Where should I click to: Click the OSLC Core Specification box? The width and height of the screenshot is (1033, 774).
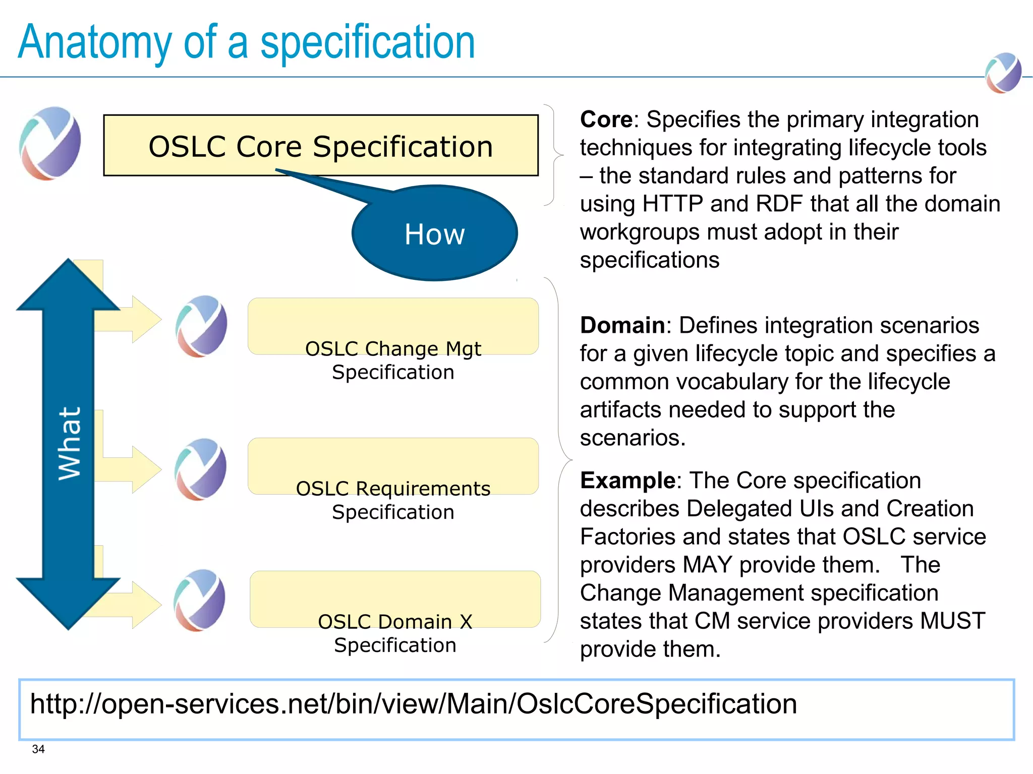coord(321,146)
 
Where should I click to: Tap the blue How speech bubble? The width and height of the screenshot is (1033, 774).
coord(434,233)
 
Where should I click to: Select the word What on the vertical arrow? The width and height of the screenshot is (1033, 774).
coord(69,443)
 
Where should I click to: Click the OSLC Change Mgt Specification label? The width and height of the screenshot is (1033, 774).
coord(393,360)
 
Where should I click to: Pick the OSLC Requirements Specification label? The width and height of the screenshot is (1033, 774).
coord(393,500)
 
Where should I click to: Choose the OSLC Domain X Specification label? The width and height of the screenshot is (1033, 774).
coord(395,633)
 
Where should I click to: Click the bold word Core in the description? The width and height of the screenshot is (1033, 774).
coord(606,120)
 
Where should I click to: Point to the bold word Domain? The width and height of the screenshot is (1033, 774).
coord(622,326)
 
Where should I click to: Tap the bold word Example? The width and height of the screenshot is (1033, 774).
coord(627,481)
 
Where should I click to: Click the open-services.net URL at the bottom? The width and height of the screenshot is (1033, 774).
coord(413,704)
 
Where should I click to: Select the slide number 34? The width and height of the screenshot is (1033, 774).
coord(38,749)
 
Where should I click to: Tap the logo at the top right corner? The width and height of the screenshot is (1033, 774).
coord(1003,73)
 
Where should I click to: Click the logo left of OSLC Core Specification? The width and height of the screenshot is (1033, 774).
coord(50,143)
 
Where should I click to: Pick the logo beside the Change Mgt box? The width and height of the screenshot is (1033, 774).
coord(201,326)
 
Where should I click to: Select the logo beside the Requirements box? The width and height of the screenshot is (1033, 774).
coord(200,469)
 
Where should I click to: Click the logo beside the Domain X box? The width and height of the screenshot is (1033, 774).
coord(199,600)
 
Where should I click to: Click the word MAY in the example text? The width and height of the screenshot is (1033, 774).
coord(707,565)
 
